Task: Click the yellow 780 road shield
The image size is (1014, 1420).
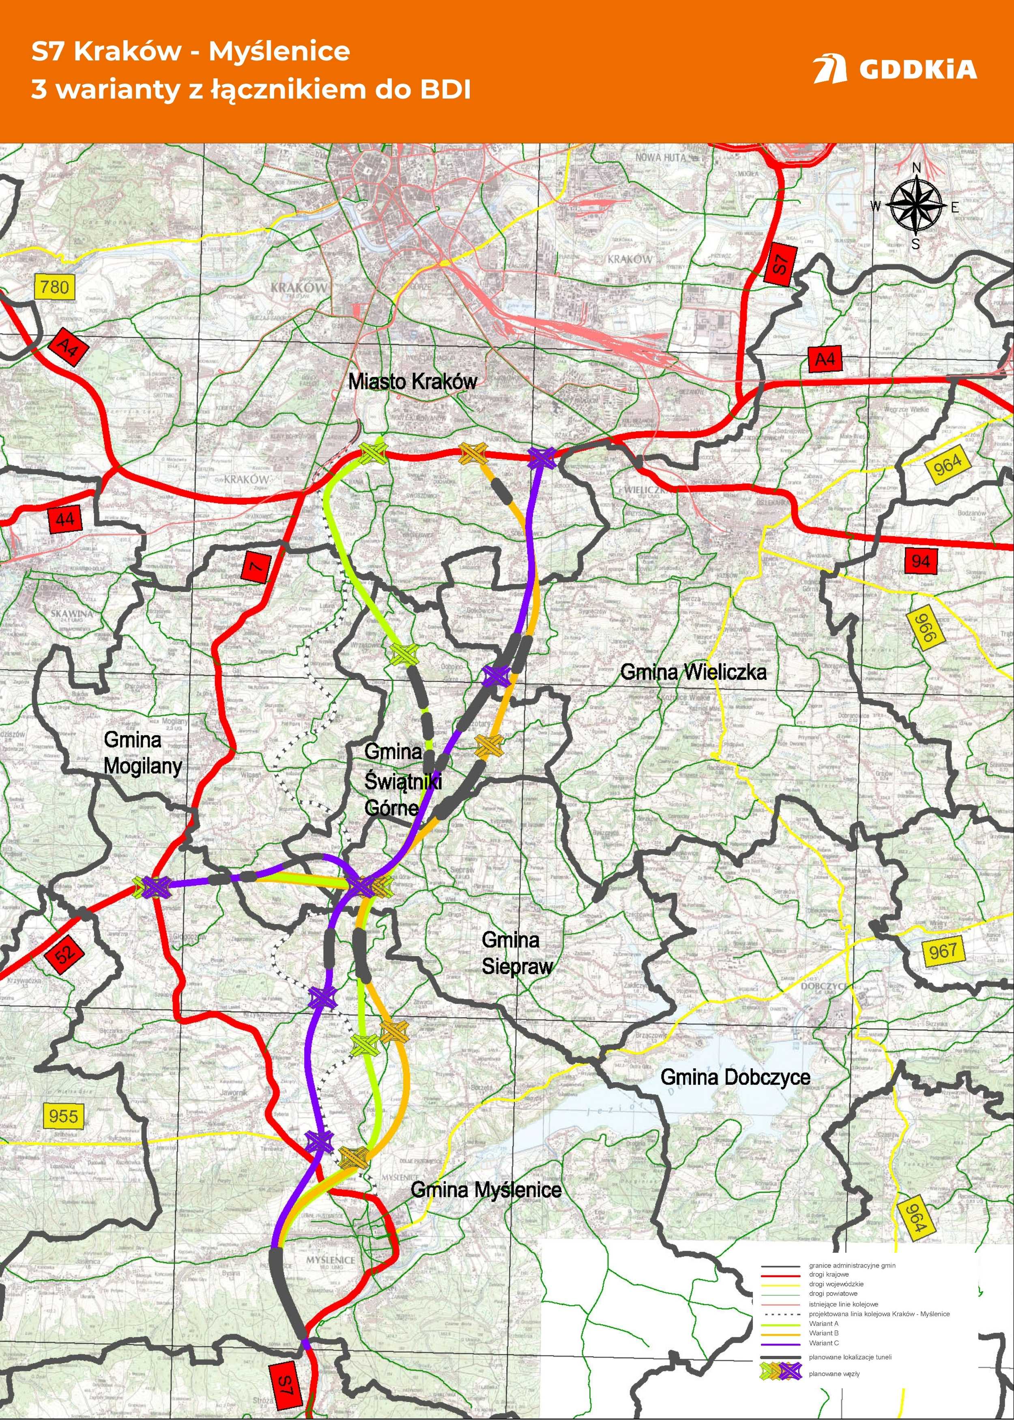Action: click(x=54, y=287)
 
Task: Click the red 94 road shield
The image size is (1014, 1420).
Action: click(x=921, y=561)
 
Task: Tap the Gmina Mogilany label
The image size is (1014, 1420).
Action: click(x=142, y=753)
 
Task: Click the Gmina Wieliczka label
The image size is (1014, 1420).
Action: click(x=693, y=672)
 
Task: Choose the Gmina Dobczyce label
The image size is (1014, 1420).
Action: click(x=735, y=1077)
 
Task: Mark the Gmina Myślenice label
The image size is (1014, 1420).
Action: click(x=486, y=1190)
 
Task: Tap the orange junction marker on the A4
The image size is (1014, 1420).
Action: click(x=473, y=453)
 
